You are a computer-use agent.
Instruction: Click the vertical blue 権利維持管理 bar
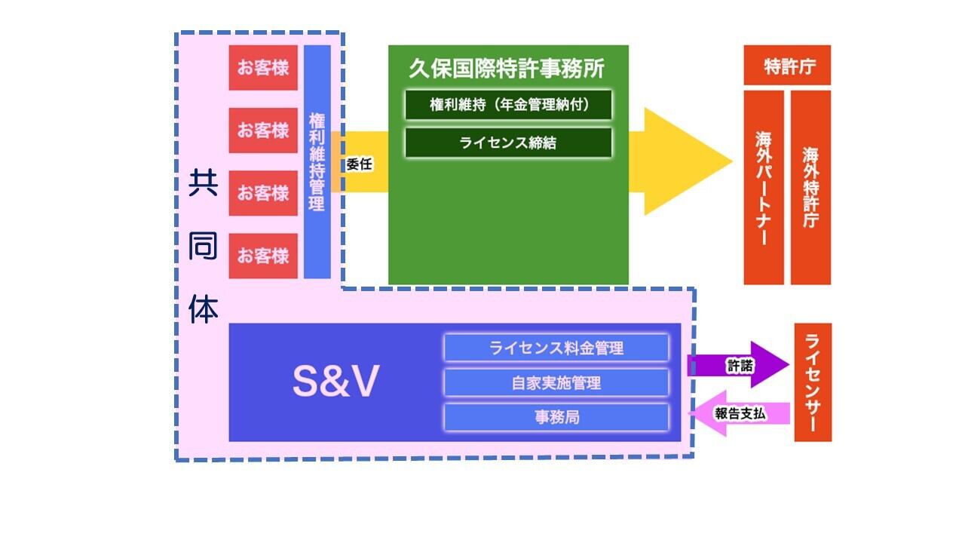pyautogui.click(x=317, y=161)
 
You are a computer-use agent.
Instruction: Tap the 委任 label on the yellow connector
pyautogui.click(x=360, y=163)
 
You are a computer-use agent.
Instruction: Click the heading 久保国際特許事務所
pyautogui.click(x=507, y=69)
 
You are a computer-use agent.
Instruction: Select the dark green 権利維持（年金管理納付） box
pyautogui.click(x=508, y=105)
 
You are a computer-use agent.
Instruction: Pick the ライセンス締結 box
pyautogui.click(x=508, y=143)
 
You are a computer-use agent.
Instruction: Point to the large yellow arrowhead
pyautogui.click(x=682, y=161)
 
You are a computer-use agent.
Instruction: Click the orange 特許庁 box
pyautogui.click(x=787, y=66)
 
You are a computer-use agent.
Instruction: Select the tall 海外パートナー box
pyautogui.click(x=764, y=187)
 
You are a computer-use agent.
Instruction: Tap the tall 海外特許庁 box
pyautogui.click(x=810, y=187)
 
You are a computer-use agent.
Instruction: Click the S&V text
pyautogui.click(x=335, y=383)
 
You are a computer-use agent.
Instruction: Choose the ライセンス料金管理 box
pyautogui.click(x=556, y=348)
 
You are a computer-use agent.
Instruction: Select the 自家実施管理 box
pyautogui.click(x=556, y=383)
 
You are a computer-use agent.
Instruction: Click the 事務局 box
pyautogui.click(x=556, y=417)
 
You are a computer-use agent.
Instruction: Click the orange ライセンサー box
pyautogui.click(x=813, y=382)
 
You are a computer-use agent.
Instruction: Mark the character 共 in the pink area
pyautogui.click(x=204, y=183)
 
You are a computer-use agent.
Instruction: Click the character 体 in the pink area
pyautogui.click(x=204, y=309)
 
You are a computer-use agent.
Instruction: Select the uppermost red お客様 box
pyautogui.click(x=263, y=68)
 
